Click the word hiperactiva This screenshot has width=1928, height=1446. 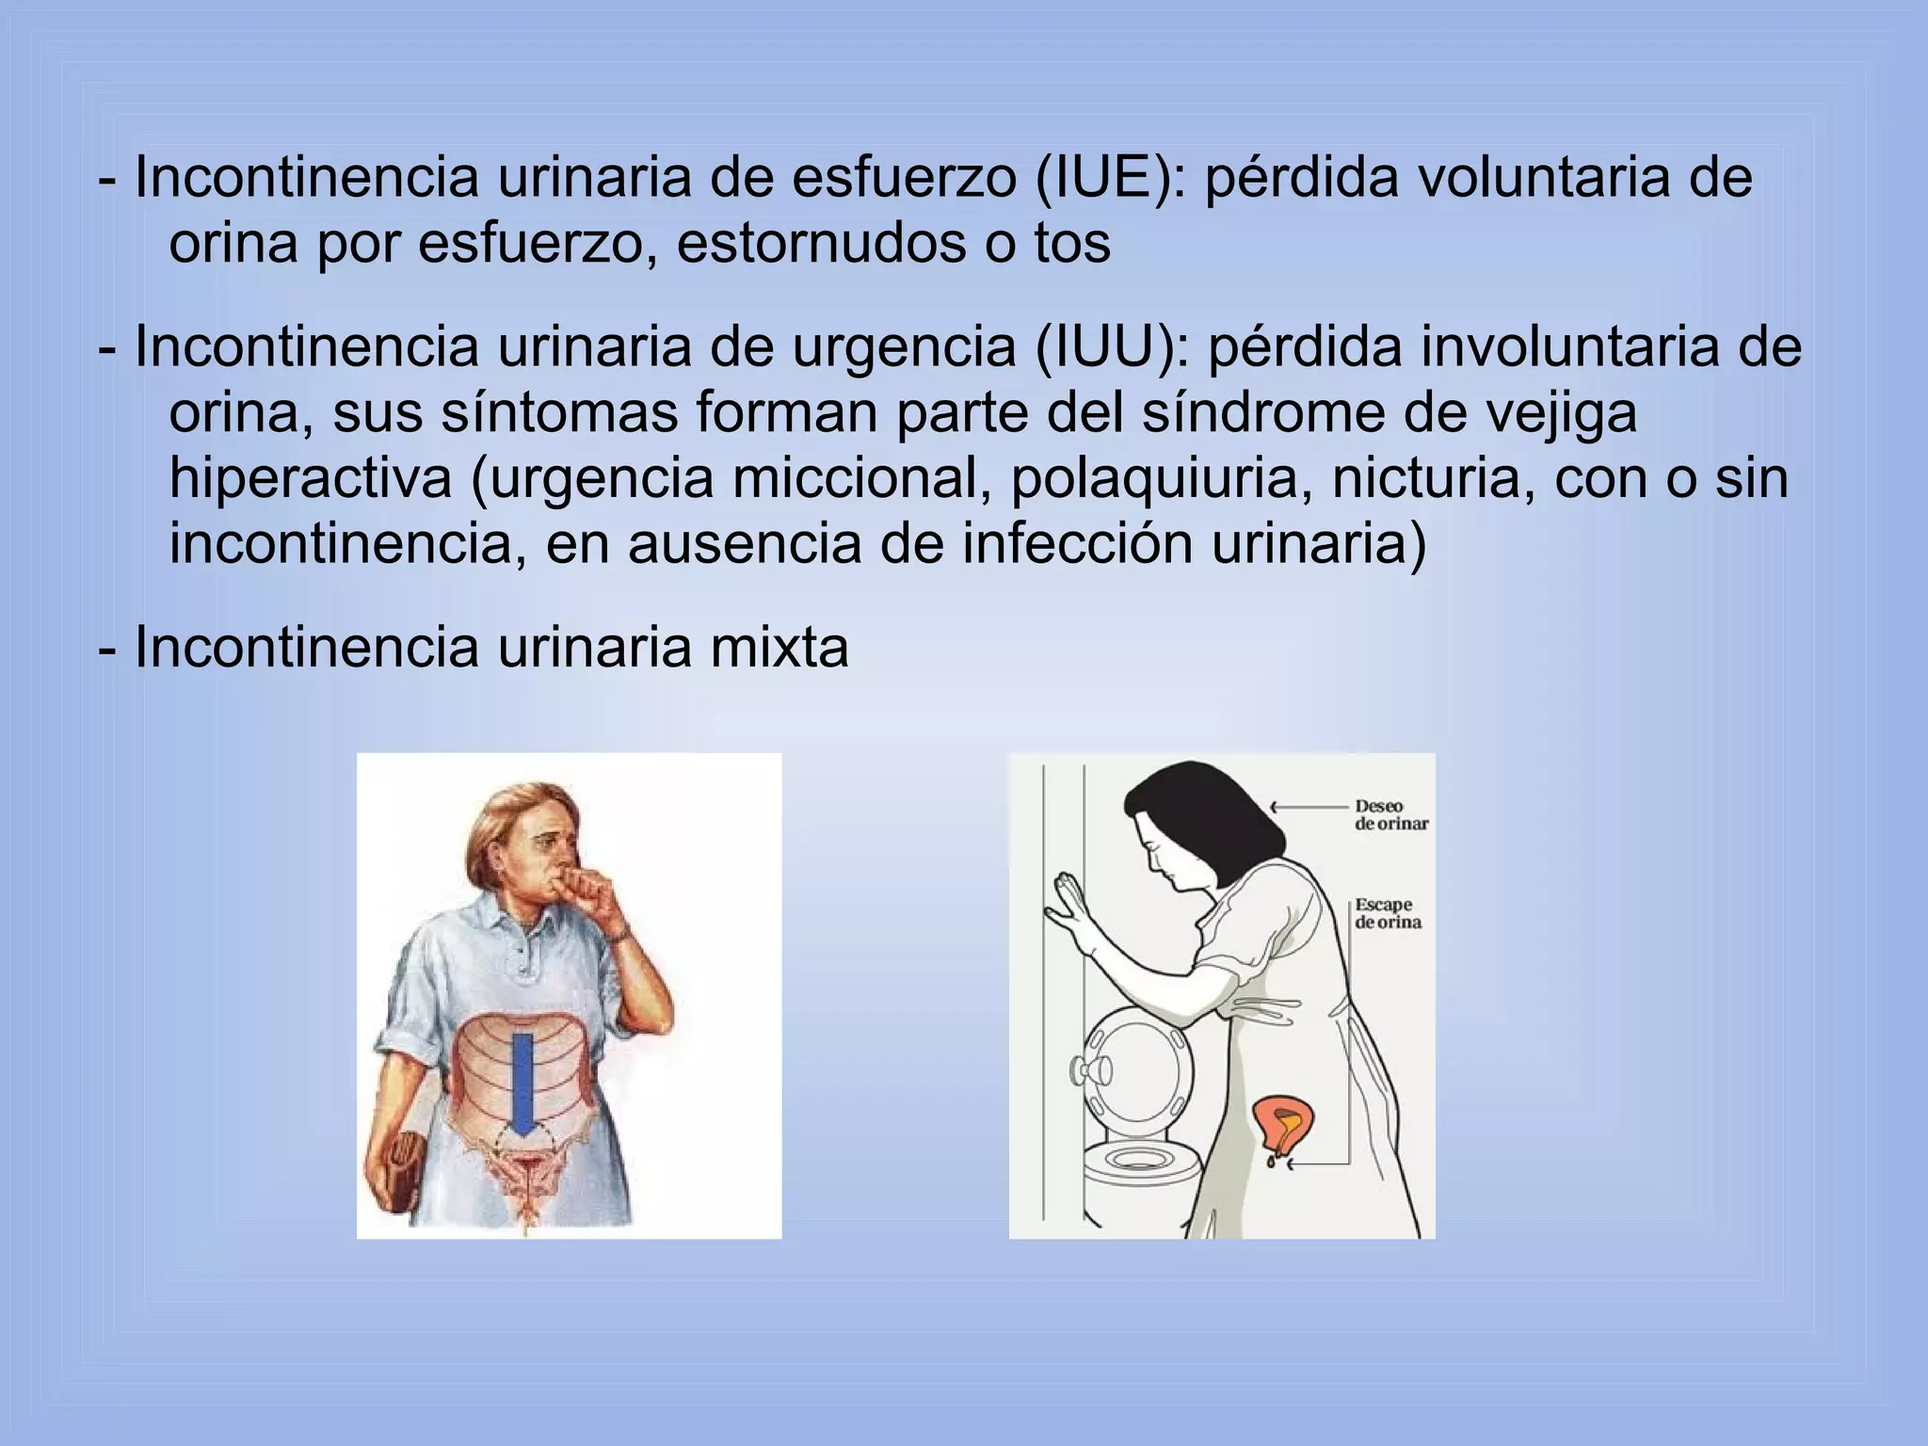pyautogui.click(x=311, y=478)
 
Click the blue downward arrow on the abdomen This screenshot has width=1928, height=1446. pyautogui.click(x=523, y=1083)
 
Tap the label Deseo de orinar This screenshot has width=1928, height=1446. pyautogui.click(x=1390, y=815)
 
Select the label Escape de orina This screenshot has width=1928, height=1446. pyautogui.click(x=1387, y=914)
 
